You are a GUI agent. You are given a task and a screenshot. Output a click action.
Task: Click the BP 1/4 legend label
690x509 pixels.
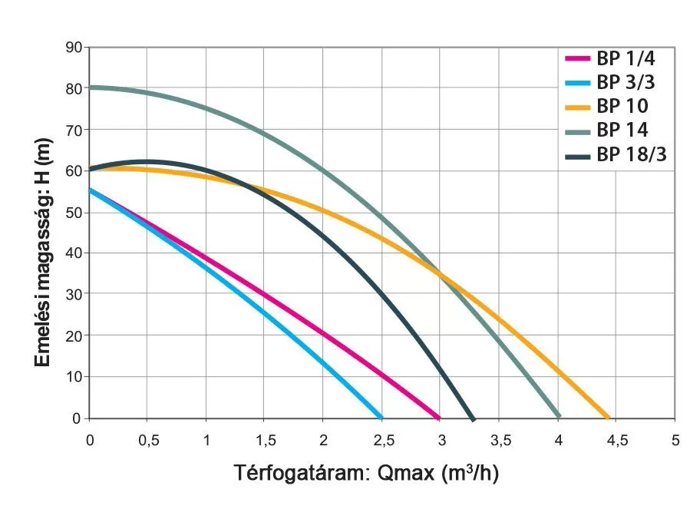point(626,58)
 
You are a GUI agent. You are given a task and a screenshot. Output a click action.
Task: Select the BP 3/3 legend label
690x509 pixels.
point(626,82)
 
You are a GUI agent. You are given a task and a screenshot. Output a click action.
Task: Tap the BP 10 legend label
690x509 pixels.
point(622,106)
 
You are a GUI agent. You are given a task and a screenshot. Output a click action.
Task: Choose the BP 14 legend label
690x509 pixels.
point(622,131)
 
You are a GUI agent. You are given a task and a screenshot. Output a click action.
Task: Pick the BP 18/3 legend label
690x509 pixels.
point(631,155)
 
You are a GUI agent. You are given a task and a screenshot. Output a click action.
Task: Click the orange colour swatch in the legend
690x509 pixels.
point(578,107)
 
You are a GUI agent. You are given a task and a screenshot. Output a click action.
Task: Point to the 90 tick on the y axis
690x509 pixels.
point(74,47)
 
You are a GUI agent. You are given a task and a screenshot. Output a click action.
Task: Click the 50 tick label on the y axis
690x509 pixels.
point(74,212)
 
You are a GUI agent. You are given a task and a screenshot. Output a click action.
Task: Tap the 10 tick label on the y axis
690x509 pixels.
point(74,377)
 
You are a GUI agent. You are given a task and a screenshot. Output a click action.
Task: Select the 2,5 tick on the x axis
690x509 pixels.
point(382,440)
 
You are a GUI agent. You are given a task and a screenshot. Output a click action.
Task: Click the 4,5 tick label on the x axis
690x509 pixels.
point(616,440)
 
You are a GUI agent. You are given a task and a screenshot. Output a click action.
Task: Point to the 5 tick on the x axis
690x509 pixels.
point(675,440)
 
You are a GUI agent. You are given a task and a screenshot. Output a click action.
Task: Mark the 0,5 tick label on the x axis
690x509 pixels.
point(148,440)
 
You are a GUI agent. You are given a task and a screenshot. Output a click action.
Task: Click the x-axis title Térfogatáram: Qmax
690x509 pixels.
point(366,474)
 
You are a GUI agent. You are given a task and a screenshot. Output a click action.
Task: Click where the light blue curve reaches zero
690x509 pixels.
point(381,418)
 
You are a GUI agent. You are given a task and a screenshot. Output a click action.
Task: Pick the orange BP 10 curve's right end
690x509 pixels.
point(608,418)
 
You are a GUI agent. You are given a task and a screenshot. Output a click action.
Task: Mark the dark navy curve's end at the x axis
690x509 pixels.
point(473,418)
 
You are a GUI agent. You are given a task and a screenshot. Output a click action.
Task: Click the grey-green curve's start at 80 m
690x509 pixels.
point(91,87)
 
